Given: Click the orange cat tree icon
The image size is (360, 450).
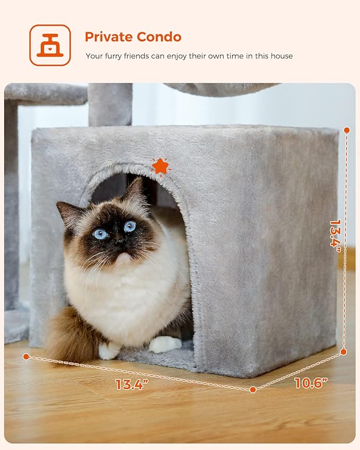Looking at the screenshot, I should (x=50, y=45).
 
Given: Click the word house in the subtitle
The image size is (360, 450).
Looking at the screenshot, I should (x=281, y=56).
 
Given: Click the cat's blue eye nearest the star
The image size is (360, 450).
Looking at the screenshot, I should (x=130, y=226).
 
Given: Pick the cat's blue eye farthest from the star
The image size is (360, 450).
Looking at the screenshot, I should (x=100, y=234).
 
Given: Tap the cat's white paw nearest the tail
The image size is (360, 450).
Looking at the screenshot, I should (x=109, y=350).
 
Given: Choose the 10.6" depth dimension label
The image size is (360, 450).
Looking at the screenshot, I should (x=311, y=382).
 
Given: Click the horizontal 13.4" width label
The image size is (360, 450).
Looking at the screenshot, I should (x=130, y=384).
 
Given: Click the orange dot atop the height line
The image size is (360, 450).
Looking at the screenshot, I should (x=347, y=130).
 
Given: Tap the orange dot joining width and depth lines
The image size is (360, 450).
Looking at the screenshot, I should (x=253, y=390).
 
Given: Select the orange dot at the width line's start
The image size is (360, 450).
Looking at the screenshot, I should (x=26, y=357).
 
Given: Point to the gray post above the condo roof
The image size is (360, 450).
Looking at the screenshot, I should (x=110, y=104).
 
